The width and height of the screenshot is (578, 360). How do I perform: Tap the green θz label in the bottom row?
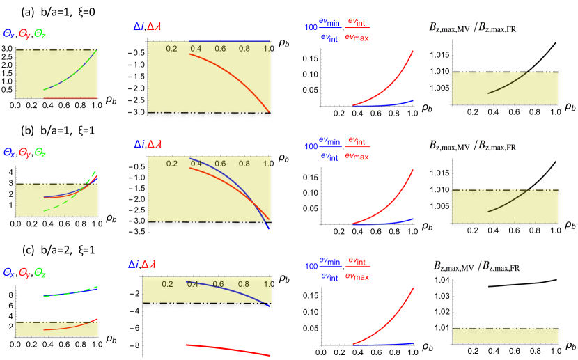40,272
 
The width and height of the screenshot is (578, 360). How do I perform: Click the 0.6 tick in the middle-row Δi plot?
220,163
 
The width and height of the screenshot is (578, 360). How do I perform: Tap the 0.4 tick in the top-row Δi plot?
196,48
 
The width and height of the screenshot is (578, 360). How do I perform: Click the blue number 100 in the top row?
311,28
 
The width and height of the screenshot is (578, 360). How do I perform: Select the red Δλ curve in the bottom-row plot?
230,348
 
